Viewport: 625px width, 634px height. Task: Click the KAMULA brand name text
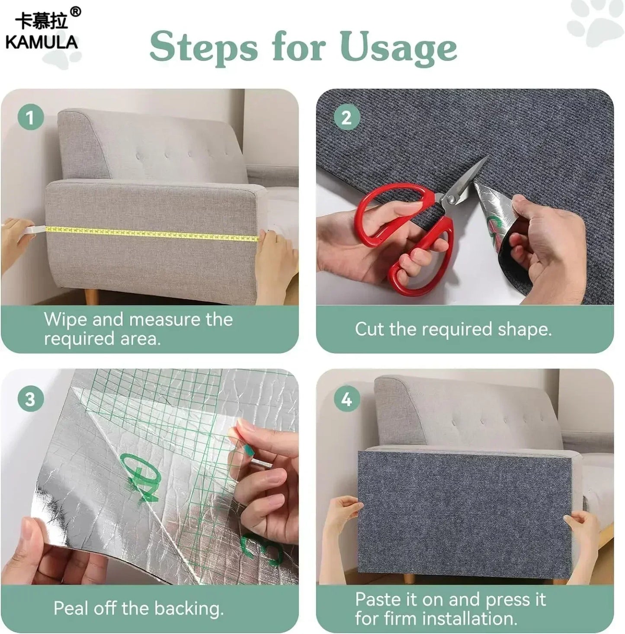pos(42,42)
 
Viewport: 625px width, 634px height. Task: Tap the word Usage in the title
pos(398,48)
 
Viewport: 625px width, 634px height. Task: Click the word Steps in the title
pos(203,48)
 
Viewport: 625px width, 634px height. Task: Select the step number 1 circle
pos(30,117)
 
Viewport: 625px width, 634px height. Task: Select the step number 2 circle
pos(346,117)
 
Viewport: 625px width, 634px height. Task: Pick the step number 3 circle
pos(30,399)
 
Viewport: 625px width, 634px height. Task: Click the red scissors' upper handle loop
pos(389,212)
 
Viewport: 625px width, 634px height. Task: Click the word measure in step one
pos(165,320)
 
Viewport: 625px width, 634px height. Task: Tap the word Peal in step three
pos(71,608)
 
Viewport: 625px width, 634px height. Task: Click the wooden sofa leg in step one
pos(91,297)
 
